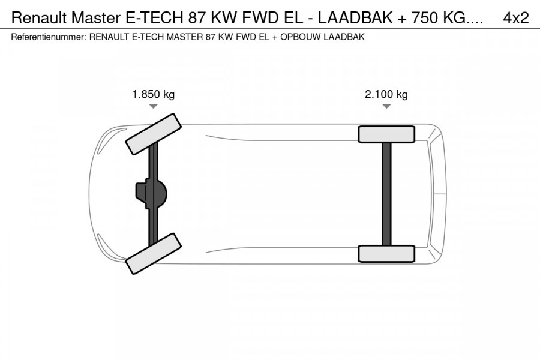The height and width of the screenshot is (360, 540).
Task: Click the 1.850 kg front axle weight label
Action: [x=153, y=94]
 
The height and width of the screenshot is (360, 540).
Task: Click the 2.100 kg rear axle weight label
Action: [x=386, y=94]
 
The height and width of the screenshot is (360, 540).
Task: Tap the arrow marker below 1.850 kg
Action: [x=153, y=106]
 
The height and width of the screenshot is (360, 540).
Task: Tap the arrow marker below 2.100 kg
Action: [x=386, y=106]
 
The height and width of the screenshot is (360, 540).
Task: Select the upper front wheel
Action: [x=153, y=133]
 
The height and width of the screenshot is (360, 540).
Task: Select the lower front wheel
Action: [x=153, y=254]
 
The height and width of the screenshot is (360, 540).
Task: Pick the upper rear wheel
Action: [x=386, y=134]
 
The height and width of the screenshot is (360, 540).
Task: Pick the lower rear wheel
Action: [x=386, y=253]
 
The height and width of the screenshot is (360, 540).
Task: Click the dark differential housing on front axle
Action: [x=149, y=194]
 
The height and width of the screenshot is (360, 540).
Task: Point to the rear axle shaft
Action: [x=386, y=193]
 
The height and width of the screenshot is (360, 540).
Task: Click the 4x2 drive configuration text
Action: [x=515, y=18]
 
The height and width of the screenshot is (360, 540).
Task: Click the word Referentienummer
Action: [x=48, y=37]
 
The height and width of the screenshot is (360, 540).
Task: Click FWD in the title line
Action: [x=258, y=18]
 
